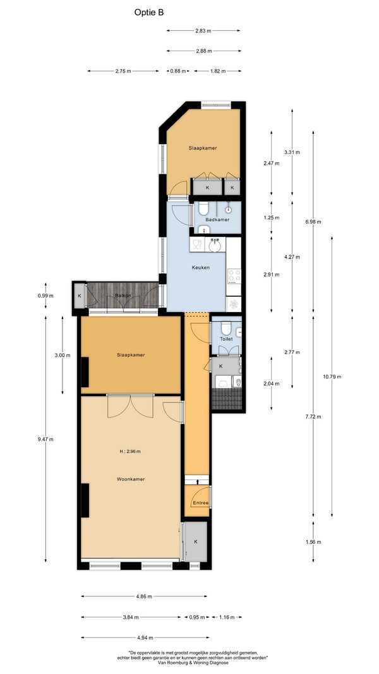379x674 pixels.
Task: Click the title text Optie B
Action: pyautogui.click(x=149, y=13)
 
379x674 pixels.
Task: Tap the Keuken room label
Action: pyautogui.click(x=201, y=267)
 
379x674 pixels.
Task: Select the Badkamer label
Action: pyautogui.click(x=217, y=220)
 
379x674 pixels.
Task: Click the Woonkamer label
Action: pyautogui.click(x=131, y=479)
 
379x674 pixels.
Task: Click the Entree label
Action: pyautogui.click(x=201, y=503)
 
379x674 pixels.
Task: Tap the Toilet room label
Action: pyautogui.click(x=226, y=339)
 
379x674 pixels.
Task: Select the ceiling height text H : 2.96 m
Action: pyautogui.click(x=130, y=452)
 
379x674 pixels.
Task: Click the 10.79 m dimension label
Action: pyautogui.click(x=332, y=376)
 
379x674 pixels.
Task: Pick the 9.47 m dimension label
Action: pyautogui.click(x=45, y=439)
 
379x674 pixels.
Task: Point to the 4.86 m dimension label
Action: pyautogui.click(x=144, y=596)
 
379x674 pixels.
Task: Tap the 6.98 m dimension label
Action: pyautogui.click(x=313, y=222)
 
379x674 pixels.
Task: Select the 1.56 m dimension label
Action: pyautogui.click(x=313, y=541)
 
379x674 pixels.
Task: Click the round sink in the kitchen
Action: pyautogui.click(x=214, y=246)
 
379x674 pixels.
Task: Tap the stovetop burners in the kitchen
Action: pyautogui.click(x=234, y=276)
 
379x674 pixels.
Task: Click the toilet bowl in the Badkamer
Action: pyautogui.click(x=203, y=209)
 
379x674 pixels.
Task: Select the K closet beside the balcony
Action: pyautogui.click(x=80, y=296)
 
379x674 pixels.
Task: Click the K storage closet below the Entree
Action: pyautogui.click(x=196, y=541)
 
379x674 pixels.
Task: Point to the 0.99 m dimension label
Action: pyautogui.click(x=45, y=295)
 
